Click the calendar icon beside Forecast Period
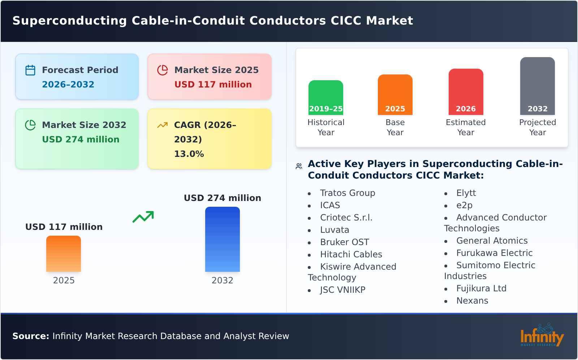[30, 70]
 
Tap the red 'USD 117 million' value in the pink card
[213, 85]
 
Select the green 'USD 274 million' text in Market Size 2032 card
[81, 140]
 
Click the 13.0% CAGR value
[189, 154]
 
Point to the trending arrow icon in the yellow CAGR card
[162, 125]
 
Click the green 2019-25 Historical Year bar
[325, 98]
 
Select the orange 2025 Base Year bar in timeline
[395, 95]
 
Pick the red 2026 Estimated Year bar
[466, 92]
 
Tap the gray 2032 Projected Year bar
[537, 86]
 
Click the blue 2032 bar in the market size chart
[222, 239]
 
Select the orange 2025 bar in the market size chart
[64, 254]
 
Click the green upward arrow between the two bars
[143, 217]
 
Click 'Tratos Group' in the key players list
[347, 193]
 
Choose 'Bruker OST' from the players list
[344, 242]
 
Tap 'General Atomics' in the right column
[492, 241]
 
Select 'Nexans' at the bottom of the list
[472, 301]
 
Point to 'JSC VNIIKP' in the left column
[342, 290]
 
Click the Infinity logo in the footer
[542, 335]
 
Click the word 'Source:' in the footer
[30, 336]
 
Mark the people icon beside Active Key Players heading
[299, 166]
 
